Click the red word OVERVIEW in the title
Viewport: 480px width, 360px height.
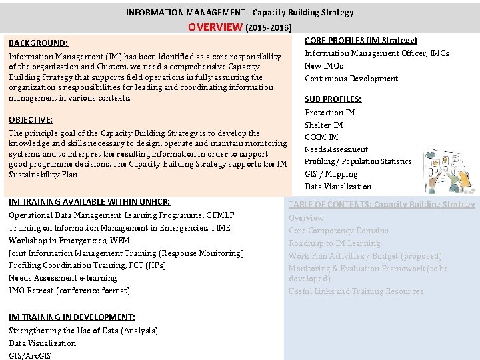[x=215, y=27]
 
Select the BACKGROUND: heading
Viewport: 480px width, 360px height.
[x=38, y=43]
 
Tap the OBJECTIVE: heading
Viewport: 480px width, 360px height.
[x=31, y=120]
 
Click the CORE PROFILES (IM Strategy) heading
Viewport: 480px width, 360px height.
[x=361, y=41]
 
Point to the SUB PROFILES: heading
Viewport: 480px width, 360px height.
[x=333, y=99]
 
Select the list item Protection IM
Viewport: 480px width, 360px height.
[x=329, y=113]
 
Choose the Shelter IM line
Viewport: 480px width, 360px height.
[x=323, y=125]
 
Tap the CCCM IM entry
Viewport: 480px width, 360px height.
[x=321, y=137]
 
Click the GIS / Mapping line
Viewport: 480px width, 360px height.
[x=331, y=174]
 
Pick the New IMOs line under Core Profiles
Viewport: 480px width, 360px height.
[x=323, y=66]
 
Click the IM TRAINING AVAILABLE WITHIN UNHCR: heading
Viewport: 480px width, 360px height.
[x=89, y=202]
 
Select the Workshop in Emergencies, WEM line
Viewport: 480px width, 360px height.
[x=69, y=241]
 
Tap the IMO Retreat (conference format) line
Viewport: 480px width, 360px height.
[x=69, y=291]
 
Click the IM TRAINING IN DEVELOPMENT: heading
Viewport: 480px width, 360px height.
[x=72, y=317]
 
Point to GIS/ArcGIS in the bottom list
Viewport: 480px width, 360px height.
[x=29, y=356]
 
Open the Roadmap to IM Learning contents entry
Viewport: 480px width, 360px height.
[x=334, y=243]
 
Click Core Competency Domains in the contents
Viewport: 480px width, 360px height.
[x=338, y=231]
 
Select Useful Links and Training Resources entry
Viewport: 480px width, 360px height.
[x=355, y=291]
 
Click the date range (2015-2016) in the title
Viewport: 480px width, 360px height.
[x=269, y=29]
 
